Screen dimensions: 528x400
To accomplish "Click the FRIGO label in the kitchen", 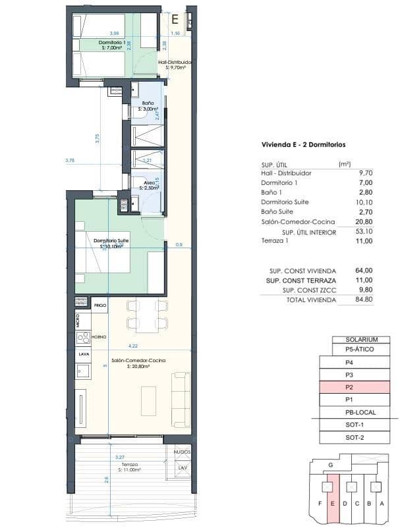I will pos(100,306).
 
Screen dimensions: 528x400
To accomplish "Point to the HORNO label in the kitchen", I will pos(99,336).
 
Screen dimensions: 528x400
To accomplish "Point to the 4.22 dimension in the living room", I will pos(132,346).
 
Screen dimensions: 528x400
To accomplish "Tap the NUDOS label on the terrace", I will pos(183,453).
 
